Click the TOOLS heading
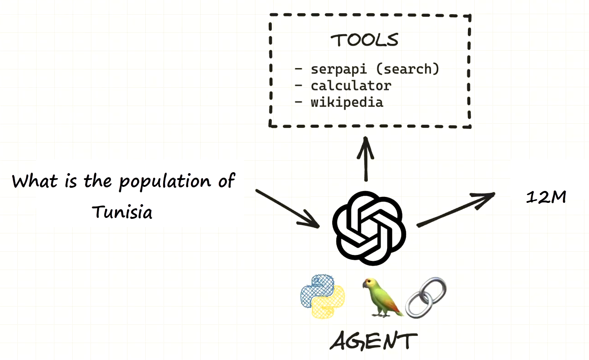(365, 40)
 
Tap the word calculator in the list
(351, 85)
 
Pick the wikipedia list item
(347, 102)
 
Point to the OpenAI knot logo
(369, 228)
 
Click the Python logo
(323, 296)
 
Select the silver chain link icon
(425, 297)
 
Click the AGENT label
(373, 341)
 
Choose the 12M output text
(546, 197)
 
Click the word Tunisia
(122, 212)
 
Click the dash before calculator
(299, 85)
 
